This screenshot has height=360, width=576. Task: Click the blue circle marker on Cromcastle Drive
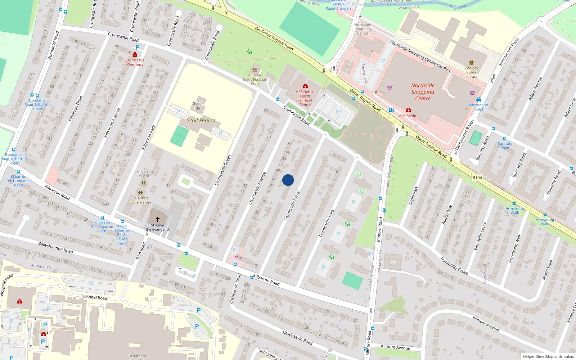pos(288,180)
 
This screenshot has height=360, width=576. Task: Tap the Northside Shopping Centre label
pos(423,92)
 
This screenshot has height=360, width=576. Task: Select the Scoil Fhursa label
pos(201,121)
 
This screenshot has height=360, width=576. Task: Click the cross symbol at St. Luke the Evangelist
pos(157,219)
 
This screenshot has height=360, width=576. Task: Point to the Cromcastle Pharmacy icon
pos(135,55)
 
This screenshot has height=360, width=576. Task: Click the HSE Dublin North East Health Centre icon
pos(305,86)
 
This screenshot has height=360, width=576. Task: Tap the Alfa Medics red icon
pos(409,110)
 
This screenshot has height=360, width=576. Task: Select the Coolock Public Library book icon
pos(471,63)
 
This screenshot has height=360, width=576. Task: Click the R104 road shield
pos(477,177)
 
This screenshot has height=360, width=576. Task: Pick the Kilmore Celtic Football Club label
pos(255,80)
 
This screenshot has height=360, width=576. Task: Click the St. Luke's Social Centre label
pos(140,200)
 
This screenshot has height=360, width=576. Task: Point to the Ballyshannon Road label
pos(56,247)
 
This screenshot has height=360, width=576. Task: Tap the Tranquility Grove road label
pos(454,266)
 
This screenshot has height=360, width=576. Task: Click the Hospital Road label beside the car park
pos(94,297)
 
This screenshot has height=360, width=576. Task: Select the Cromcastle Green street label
pos(222,170)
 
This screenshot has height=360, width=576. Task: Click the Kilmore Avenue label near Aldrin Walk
pos(486,324)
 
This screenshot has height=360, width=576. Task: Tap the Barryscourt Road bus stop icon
pos(478,99)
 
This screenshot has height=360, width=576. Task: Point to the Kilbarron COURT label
pos(145,174)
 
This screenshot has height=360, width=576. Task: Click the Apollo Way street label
pos(447,215)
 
